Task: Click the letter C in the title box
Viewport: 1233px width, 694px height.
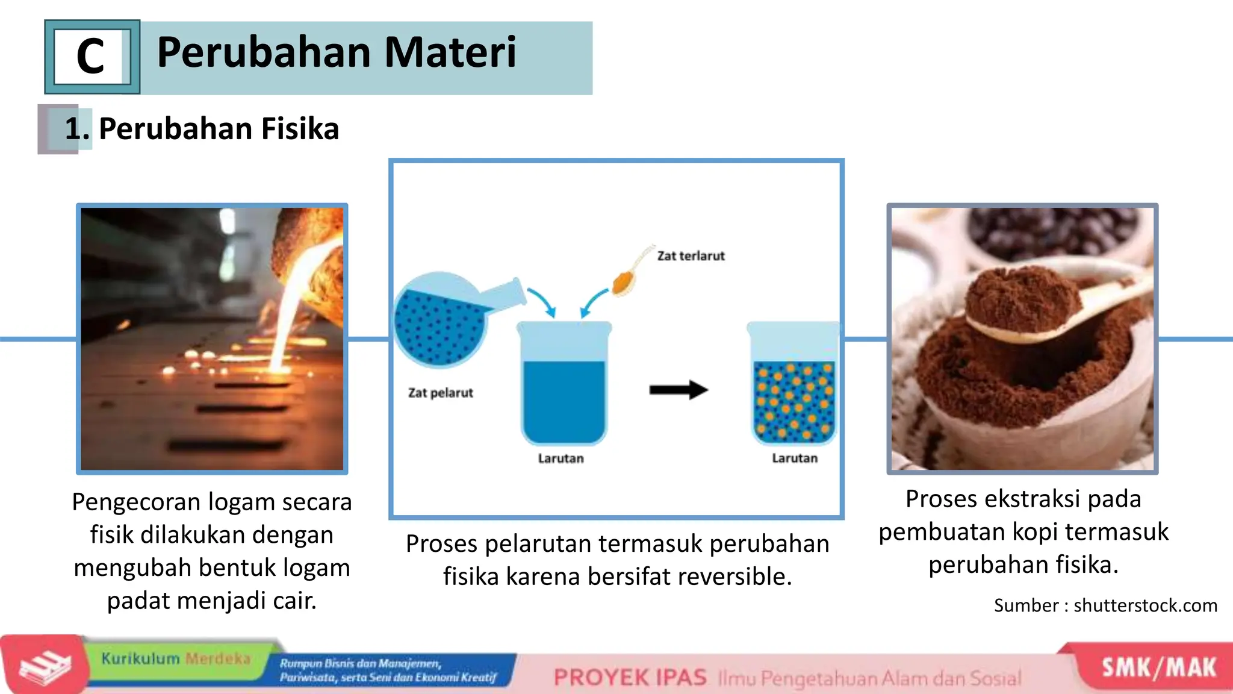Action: (x=90, y=57)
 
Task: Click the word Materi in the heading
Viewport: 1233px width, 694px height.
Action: (x=450, y=52)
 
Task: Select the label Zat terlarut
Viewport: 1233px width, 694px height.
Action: (x=691, y=256)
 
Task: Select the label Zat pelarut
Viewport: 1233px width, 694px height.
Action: (x=440, y=393)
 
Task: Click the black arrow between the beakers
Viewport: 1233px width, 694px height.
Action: (x=678, y=390)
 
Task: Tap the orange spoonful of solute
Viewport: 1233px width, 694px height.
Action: (x=623, y=282)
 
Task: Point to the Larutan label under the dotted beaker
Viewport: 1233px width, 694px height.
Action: (x=794, y=458)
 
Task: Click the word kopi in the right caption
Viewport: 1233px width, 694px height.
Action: (x=1035, y=532)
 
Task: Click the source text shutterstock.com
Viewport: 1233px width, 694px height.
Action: (x=1145, y=605)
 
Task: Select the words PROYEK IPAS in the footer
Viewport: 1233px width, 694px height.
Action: (x=630, y=678)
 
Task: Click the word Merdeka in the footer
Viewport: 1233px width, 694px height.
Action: (x=217, y=658)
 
